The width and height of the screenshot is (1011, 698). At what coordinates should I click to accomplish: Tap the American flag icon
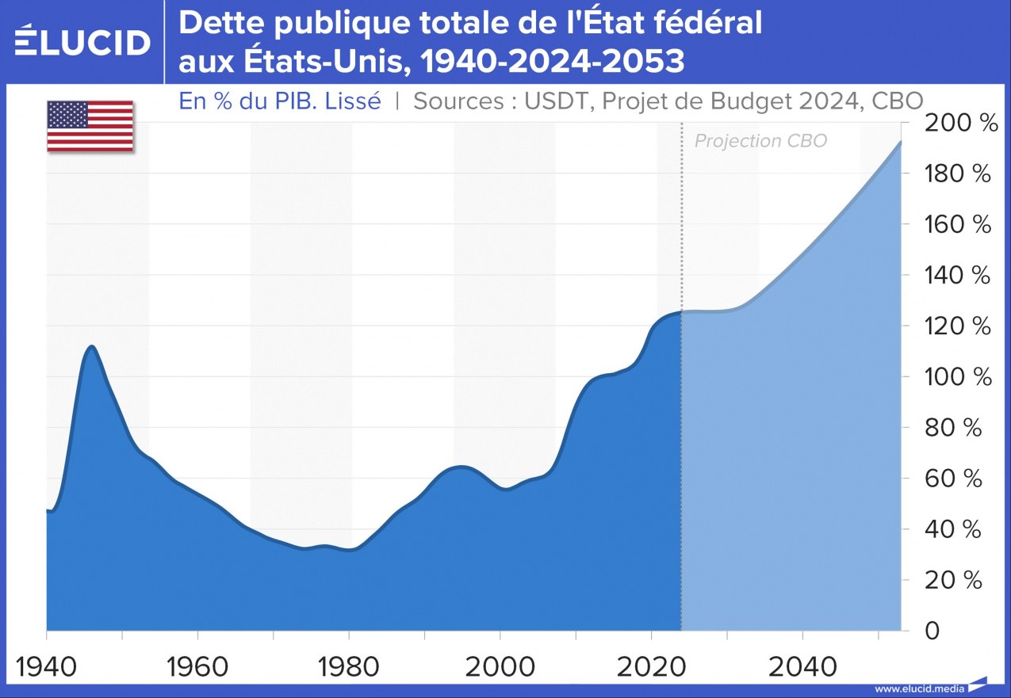90,126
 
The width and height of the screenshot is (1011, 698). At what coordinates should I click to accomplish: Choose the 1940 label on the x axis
48,666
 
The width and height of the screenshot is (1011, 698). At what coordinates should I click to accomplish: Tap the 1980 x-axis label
349,666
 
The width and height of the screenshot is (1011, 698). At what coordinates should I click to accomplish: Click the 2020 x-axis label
652,666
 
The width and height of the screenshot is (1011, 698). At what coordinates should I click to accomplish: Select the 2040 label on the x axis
803,666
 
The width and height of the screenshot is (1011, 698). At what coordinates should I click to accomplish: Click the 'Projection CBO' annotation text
760,141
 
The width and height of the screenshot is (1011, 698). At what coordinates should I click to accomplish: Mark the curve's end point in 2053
901,142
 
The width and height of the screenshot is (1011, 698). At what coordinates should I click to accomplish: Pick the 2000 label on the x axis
500,666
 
